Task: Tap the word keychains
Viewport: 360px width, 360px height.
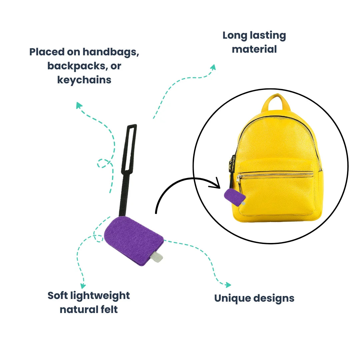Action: [84, 80]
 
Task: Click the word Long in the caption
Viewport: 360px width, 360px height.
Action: [235, 36]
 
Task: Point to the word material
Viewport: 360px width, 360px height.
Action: [254, 49]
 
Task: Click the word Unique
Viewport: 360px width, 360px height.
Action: [232, 298]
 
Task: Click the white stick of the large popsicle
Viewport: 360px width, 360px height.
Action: [157, 257]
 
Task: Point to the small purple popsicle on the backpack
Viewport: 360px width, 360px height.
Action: [234, 197]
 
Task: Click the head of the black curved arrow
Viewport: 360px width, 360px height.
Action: [216, 183]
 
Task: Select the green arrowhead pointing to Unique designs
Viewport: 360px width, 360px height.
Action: [228, 285]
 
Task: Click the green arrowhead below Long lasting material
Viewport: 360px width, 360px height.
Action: [213, 67]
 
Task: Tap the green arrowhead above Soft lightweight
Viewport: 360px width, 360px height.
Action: [83, 286]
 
